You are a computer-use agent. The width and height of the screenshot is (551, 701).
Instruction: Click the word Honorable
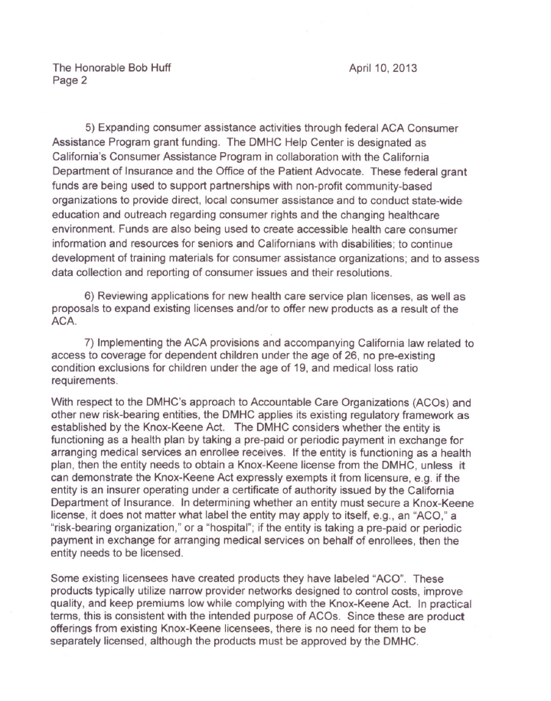tap(103, 67)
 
